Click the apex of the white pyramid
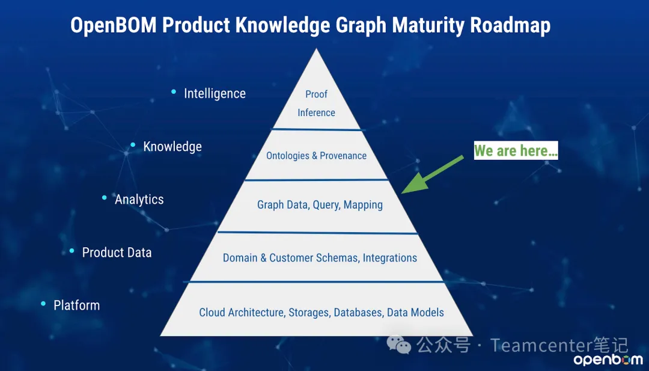pyautogui.click(x=316, y=49)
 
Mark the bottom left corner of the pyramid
pyautogui.click(x=160, y=336)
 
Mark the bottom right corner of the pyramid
pyautogui.click(x=473, y=336)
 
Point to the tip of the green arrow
pyautogui.click(x=402, y=193)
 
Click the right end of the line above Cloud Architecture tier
pyautogui.click(x=444, y=283)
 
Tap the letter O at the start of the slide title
pyautogui.click(x=78, y=25)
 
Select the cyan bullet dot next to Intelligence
pyautogui.click(x=174, y=91)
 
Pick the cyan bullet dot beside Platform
pyautogui.click(x=43, y=304)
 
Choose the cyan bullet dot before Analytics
pyautogui.click(x=105, y=198)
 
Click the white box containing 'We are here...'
pyautogui.click(x=516, y=150)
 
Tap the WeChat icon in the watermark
pyautogui.click(x=398, y=345)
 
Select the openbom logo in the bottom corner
pyautogui.click(x=608, y=360)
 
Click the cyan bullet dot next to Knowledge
pyautogui.click(x=133, y=144)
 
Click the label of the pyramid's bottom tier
pyautogui.click(x=321, y=312)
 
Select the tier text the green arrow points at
pyautogui.click(x=320, y=204)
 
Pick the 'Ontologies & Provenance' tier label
pyautogui.click(x=316, y=156)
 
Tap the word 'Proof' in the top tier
pyautogui.click(x=316, y=94)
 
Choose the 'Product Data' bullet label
pyautogui.click(x=117, y=252)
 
